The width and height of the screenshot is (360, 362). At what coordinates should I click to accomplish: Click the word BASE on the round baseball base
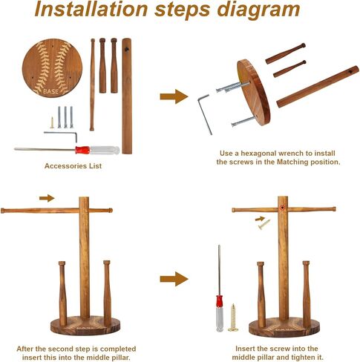pyautogui.click(x=51, y=91)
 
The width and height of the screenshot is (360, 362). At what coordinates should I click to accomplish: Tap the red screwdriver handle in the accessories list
pyautogui.click(x=82, y=150)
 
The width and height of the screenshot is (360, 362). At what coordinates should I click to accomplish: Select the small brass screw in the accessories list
pyautogui.click(x=52, y=122)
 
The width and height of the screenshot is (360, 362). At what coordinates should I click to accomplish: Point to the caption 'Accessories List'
pyautogui.click(x=73, y=166)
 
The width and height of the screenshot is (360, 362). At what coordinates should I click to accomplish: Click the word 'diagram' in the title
pyautogui.click(x=258, y=10)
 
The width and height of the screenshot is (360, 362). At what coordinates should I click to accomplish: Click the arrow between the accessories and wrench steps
pyautogui.click(x=174, y=96)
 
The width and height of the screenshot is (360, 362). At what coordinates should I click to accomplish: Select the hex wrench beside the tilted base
pyautogui.click(x=205, y=114)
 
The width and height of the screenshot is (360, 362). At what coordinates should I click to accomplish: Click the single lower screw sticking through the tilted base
pyautogui.click(x=243, y=121)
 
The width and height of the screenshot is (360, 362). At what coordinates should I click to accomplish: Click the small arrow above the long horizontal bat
pyautogui.click(x=47, y=198)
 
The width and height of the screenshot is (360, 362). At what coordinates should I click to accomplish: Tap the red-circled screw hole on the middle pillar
pyautogui.click(x=282, y=208)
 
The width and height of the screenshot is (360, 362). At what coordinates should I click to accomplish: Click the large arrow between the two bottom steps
pyautogui.click(x=174, y=279)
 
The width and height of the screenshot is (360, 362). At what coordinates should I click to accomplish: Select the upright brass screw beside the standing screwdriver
pyautogui.click(x=233, y=317)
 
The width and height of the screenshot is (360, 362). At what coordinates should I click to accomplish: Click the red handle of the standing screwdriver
pyautogui.click(x=220, y=301)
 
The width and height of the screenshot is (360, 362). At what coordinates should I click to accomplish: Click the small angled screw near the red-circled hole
pyautogui.click(x=264, y=225)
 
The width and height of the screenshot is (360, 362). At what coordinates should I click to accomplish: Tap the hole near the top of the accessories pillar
pyautogui.click(x=127, y=49)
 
